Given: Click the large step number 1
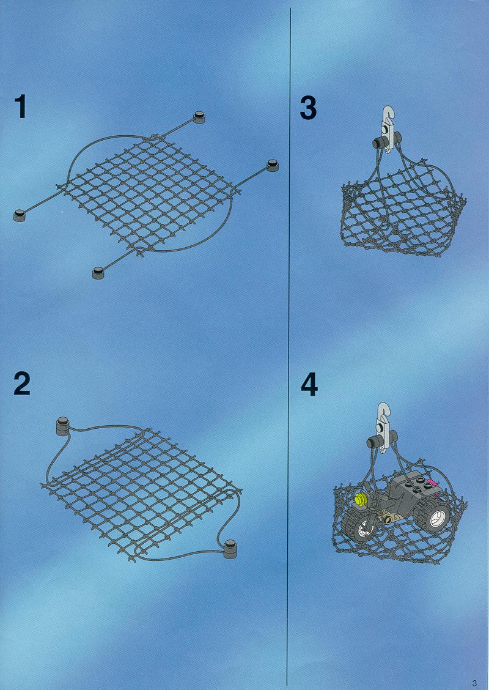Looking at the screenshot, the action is tap(20, 107).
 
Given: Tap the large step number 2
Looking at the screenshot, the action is tap(22, 383).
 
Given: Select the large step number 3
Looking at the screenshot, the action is tap(308, 108).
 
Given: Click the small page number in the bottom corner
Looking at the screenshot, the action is tap(474, 683).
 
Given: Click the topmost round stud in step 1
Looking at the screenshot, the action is tap(199, 117).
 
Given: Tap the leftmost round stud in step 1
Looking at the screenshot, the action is tap(20, 215).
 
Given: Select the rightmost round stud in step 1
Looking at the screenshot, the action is tap(273, 165).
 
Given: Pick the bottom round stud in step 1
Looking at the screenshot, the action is tap(98, 273).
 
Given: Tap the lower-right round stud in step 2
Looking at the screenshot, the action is tap(230, 549).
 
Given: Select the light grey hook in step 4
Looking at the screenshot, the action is tap(383, 426).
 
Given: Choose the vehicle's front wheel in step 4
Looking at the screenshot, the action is tap(359, 527).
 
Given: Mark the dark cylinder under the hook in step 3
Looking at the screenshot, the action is tap(386, 142).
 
